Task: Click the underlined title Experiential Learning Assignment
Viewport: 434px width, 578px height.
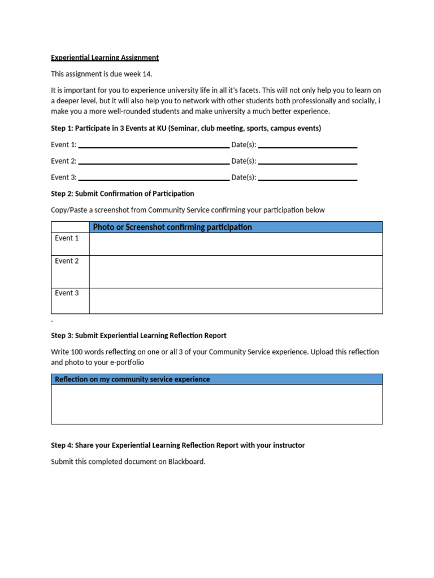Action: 105,58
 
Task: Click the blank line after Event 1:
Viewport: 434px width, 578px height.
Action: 154,146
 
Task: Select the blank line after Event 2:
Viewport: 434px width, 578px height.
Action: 154,162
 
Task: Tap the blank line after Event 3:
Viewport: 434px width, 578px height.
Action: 154,178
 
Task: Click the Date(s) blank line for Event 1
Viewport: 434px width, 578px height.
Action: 307,146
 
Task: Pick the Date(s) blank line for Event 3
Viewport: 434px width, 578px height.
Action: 307,178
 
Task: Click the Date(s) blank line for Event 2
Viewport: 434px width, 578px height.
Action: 307,162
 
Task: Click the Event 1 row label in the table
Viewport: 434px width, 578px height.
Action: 67,239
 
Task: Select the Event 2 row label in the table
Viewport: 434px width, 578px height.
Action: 67,261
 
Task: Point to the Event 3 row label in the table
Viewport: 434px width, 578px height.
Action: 67,294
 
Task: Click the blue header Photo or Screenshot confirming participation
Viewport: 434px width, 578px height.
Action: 172,227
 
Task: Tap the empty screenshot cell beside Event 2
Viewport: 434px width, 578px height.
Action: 236,272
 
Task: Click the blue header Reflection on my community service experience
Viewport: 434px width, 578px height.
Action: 132,379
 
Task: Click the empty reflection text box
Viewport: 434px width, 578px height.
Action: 216,404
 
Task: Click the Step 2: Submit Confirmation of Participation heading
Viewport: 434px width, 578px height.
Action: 122,194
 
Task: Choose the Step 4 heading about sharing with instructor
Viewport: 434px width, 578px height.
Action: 177,445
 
